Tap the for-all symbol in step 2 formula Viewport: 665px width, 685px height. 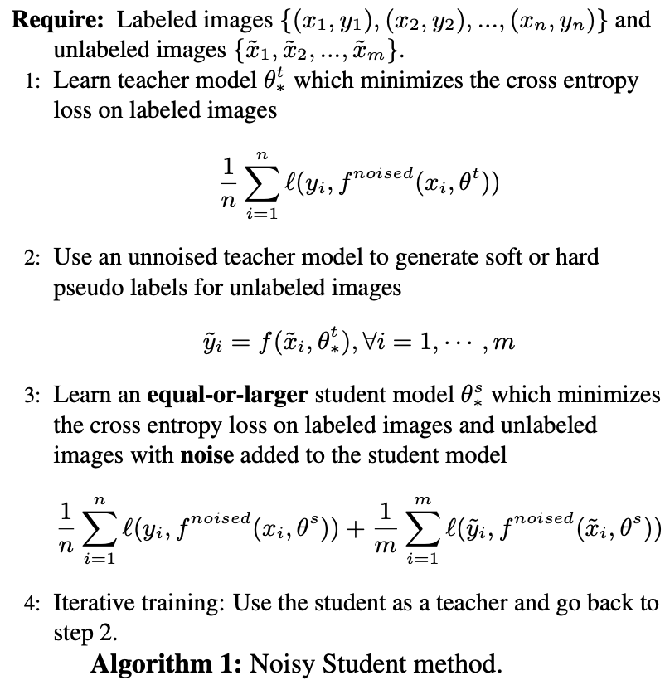click(347, 341)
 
